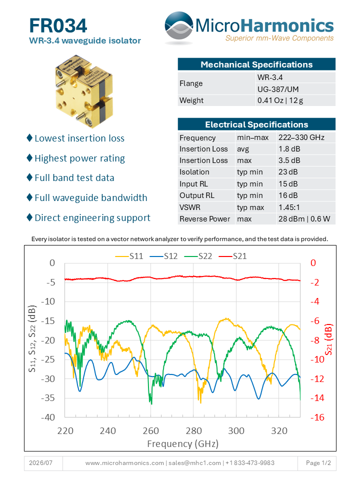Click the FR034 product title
pyautogui.click(x=58, y=25)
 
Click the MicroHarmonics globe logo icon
pyautogui.click(x=179, y=27)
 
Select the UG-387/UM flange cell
pyautogui.click(x=278, y=89)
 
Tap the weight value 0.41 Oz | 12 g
pyautogui.click(x=280, y=100)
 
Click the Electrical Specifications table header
pyautogui.click(x=256, y=124)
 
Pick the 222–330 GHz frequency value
pyautogui.click(x=301, y=137)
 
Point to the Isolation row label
pyautogui.click(x=194, y=172)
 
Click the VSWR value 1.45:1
pyautogui.click(x=289, y=207)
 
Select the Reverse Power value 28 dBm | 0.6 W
pyautogui.click(x=304, y=219)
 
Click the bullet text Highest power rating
pyautogui.click(x=79, y=158)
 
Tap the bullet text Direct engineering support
pyautogui.click(x=92, y=217)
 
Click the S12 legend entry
pyautogui.click(x=164, y=256)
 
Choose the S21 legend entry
pyautogui.click(x=232, y=256)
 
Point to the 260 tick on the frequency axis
pyautogui.click(x=150, y=431)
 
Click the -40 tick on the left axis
pyautogui.click(x=48, y=417)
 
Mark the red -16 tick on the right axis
pyautogui.click(x=317, y=417)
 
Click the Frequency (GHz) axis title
pyautogui.click(x=183, y=444)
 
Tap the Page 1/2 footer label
pyautogui.click(x=318, y=463)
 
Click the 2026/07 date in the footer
pyautogui.click(x=40, y=463)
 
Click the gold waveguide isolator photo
pyautogui.click(x=84, y=91)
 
